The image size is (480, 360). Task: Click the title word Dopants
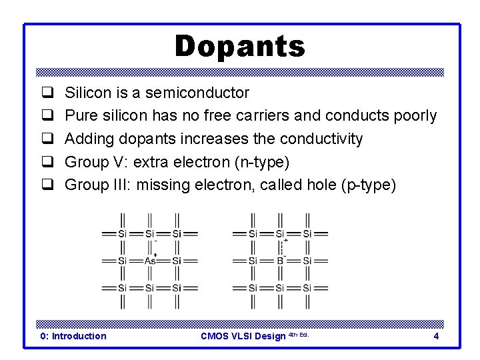pyautogui.click(x=239, y=47)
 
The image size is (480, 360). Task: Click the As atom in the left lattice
pyautogui.click(x=150, y=261)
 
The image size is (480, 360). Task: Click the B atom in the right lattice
pyautogui.click(x=280, y=261)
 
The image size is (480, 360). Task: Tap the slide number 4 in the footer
pyautogui.click(x=436, y=336)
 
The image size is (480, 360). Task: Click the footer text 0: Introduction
pyautogui.click(x=73, y=336)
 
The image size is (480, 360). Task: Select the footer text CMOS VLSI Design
pyautogui.click(x=243, y=336)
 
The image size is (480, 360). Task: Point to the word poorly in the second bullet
pyautogui.click(x=414, y=116)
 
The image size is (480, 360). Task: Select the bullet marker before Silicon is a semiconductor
pyautogui.click(x=48, y=93)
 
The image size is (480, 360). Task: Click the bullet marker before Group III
pyautogui.click(x=48, y=185)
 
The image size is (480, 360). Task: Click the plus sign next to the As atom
pyautogui.click(x=155, y=255)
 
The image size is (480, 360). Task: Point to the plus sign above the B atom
pyautogui.click(x=286, y=240)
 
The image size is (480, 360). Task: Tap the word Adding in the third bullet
pyautogui.click(x=87, y=139)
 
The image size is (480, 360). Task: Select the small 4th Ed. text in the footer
pyautogui.click(x=298, y=334)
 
